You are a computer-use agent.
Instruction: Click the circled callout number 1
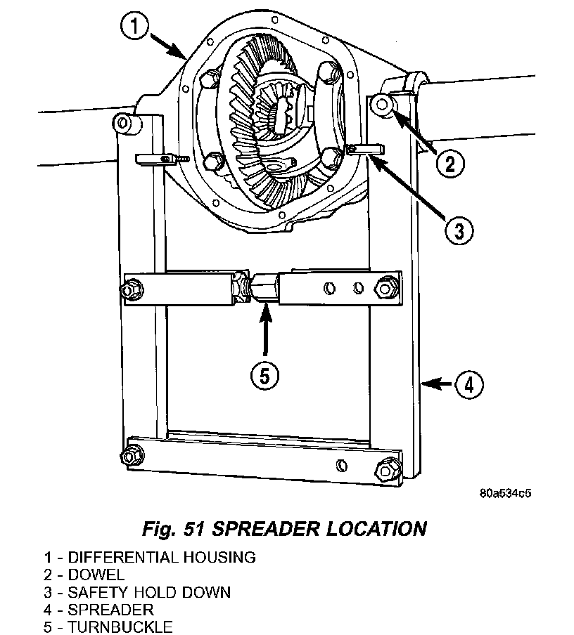(x=134, y=27)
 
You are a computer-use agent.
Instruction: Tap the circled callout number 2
(x=450, y=164)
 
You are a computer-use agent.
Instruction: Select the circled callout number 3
(x=459, y=231)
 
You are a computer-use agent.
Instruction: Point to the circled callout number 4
(x=469, y=385)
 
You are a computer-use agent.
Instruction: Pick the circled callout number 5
(x=264, y=377)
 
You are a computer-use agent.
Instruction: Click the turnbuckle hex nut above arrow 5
(x=265, y=288)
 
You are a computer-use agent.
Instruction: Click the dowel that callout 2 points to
(x=382, y=105)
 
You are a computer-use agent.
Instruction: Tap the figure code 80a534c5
(x=505, y=493)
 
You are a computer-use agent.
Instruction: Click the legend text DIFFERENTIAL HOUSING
(x=162, y=557)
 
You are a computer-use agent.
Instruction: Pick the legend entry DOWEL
(x=96, y=575)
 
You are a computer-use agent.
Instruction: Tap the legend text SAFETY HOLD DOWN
(x=149, y=592)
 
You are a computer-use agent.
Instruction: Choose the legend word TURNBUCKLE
(x=120, y=627)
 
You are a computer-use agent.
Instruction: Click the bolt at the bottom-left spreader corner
(x=132, y=456)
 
